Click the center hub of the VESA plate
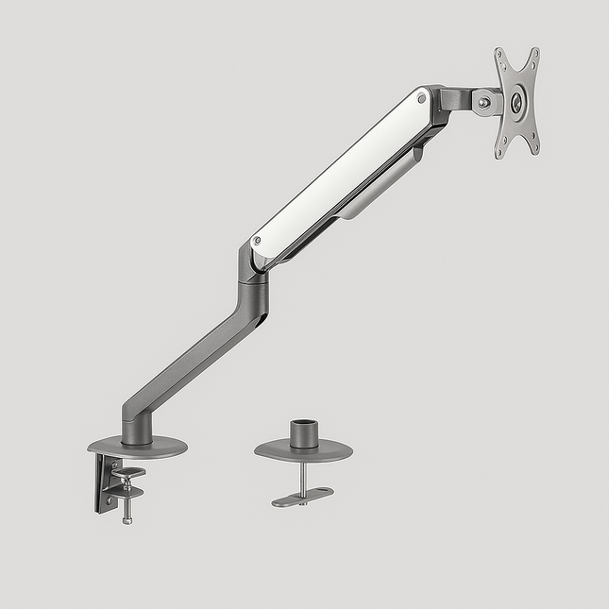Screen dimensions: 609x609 click(x=516, y=103)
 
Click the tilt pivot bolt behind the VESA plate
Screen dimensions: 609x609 click(x=484, y=102)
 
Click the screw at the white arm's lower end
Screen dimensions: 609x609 click(x=258, y=243)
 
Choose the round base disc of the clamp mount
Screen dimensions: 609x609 click(x=137, y=445)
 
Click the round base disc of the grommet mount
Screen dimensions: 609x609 click(x=303, y=451)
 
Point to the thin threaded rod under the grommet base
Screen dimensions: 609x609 click(x=301, y=477)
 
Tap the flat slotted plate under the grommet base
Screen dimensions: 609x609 click(x=302, y=497)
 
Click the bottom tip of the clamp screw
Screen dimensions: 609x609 click(x=127, y=520)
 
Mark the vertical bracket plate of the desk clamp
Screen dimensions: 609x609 click(x=102, y=483)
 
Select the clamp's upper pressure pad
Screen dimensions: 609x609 click(x=128, y=472)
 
